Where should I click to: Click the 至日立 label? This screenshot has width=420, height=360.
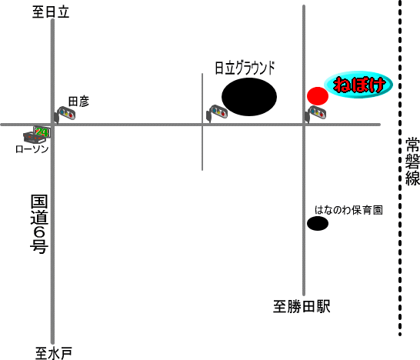(x=51, y=12)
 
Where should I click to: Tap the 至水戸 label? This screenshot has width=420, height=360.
(x=54, y=353)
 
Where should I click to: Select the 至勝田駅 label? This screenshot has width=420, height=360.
(x=302, y=306)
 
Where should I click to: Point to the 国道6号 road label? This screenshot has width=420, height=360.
(x=39, y=224)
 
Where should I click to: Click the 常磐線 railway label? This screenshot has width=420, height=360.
(x=412, y=162)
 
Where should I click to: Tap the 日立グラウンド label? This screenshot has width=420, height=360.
(x=245, y=68)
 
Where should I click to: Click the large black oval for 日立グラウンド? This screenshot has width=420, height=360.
(x=249, y=97)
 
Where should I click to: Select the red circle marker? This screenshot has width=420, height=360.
(x=318, y=96)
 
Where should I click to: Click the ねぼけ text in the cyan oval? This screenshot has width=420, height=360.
(x=359, y=85)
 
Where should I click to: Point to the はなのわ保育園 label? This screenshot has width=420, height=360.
(x=348, y=210)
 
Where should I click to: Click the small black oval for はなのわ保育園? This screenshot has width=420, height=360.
(x=318, y=223)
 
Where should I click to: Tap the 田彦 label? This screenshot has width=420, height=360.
(x=78, y=102)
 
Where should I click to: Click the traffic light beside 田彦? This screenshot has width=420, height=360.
(x=65, y=115)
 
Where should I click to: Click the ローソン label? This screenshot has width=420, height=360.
(x=32, y=149)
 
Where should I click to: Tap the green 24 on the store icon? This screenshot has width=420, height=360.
(x=42, y=132)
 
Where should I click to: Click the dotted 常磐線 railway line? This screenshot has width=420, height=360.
(x=400, y=168)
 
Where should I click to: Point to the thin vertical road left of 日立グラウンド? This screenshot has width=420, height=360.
(x=202, y=122)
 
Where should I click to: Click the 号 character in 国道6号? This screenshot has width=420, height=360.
(x=39, y=246)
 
